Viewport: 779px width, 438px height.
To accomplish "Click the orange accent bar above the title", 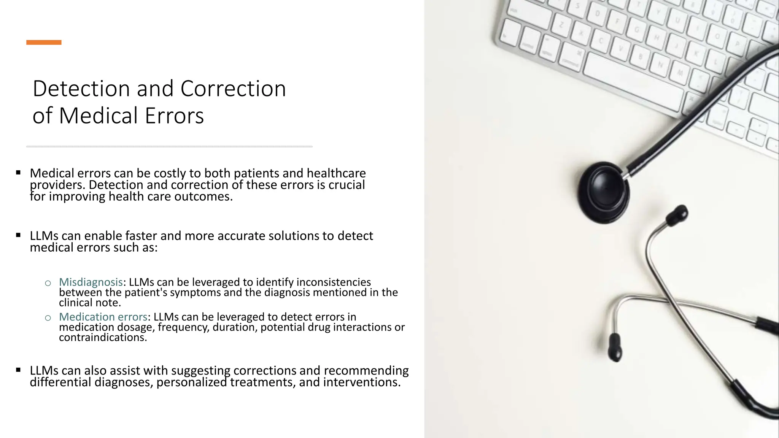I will click(44, 42).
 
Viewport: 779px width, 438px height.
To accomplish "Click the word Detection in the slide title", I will click(81, 89).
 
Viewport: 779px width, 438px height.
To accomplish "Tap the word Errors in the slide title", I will click(174, 116).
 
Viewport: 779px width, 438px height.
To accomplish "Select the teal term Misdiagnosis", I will click(91, 282).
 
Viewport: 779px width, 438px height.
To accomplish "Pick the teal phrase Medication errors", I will click(103, 317).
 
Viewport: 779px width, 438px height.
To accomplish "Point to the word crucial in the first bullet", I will click(347, 185).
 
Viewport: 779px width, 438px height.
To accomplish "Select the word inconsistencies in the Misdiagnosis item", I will click(333, 282).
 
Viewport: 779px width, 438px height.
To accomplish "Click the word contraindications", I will click(102, 338).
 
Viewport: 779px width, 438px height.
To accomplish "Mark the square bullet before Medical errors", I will click(18, 173).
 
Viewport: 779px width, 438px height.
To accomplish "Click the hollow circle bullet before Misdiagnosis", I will click(48, 283).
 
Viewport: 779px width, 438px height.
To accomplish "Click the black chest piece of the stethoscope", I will click(603, 192).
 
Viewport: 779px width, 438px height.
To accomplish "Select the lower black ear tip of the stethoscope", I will click(615, 348).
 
